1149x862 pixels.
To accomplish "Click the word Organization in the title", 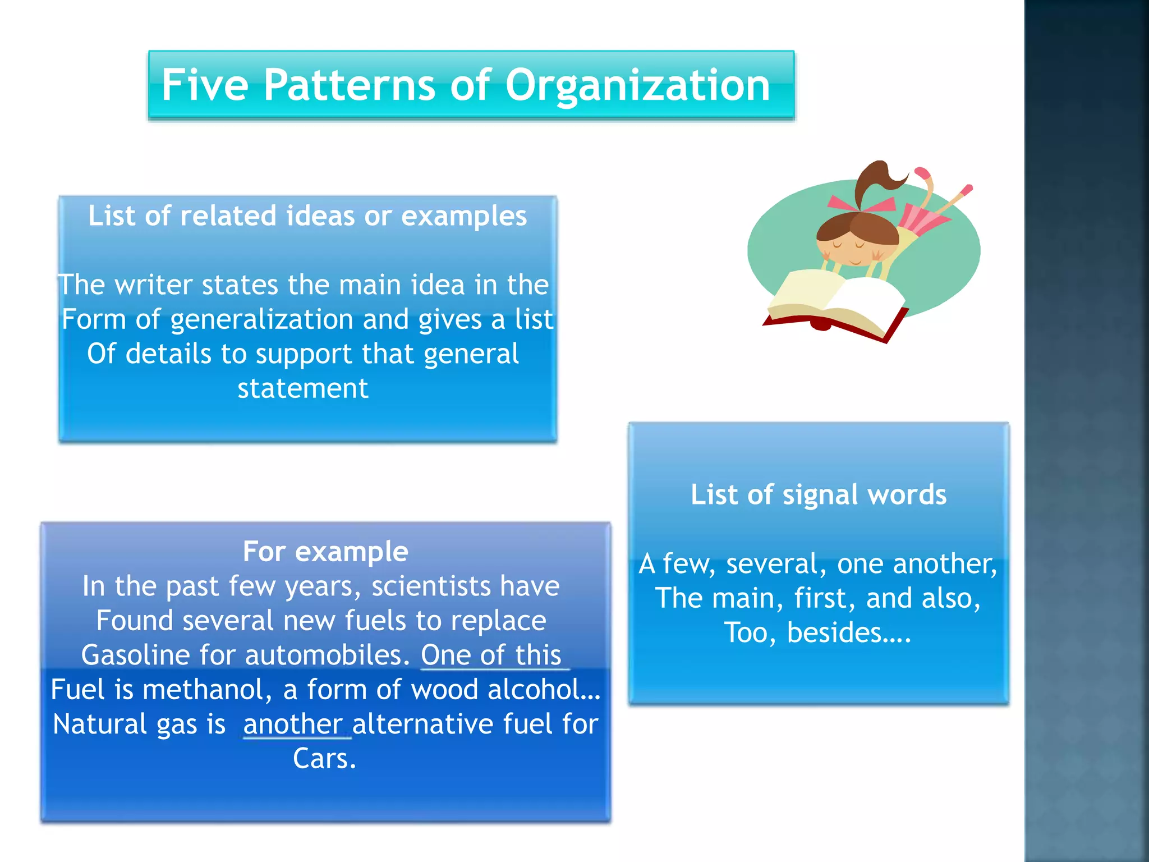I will click(637, 85).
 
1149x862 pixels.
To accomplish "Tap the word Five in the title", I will click(205, 85).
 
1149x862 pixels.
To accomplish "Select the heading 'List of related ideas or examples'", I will click(307, 216).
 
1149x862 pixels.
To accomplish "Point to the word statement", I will click(303, 388).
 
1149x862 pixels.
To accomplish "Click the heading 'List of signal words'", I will click(819, 495).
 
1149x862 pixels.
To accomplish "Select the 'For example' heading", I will click(325, 552).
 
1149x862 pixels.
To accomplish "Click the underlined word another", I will click(293, 724).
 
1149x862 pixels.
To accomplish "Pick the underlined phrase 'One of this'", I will click(491, 655).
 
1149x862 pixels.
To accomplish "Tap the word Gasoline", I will click(135, 655).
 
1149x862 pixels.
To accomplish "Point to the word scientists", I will click(431, 586).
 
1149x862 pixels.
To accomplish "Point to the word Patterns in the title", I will click(349, 85).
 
